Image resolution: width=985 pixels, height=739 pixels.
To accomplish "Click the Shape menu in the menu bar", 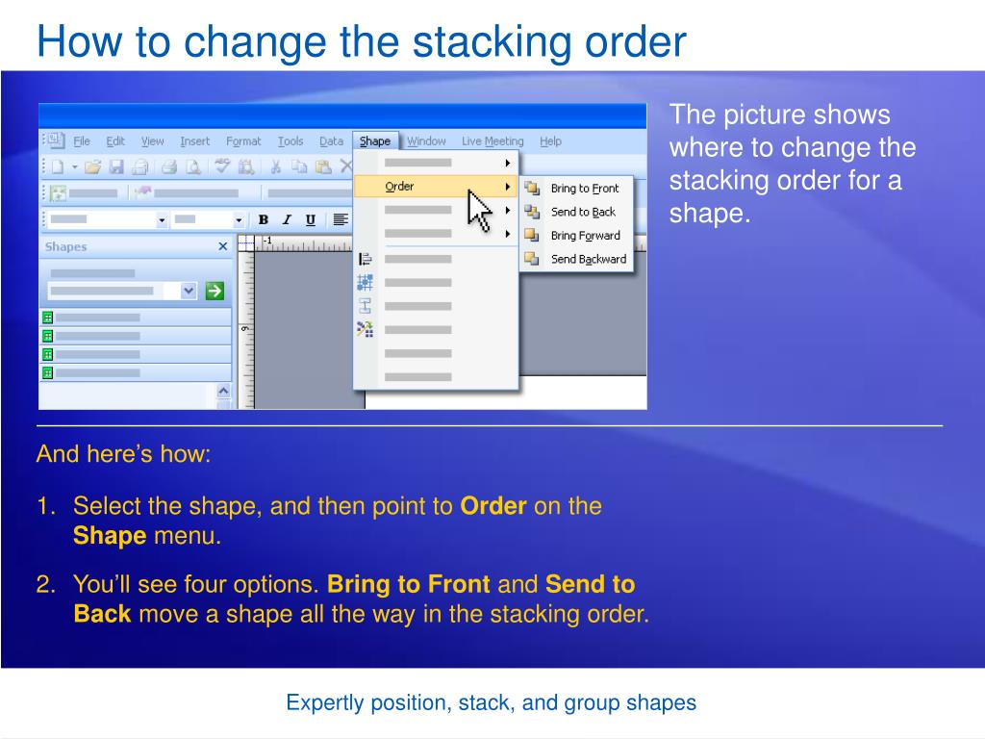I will coord(375,141).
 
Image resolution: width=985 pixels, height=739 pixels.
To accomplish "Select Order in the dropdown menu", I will coord(399,187).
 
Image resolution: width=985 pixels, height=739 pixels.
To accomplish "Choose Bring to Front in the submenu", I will coord(584,189).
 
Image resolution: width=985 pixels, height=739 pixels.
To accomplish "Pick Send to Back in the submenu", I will coord(582,212).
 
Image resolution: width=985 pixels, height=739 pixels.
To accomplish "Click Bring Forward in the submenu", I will coord(585,236).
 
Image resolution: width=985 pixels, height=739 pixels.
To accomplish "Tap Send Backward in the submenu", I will coord(588,259).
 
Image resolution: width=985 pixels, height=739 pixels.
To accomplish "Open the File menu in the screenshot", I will coord(82,141).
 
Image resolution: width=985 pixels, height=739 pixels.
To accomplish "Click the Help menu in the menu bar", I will coord(550,141).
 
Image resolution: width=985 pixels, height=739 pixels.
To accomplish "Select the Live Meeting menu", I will coord(492,141).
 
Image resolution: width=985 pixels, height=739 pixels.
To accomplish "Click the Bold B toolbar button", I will coord(264,219).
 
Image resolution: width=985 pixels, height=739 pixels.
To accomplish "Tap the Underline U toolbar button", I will coord(310,219).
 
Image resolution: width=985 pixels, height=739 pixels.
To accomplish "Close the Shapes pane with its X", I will coord(223,247).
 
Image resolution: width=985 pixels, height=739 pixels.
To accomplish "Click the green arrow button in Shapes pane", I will coord(215,290).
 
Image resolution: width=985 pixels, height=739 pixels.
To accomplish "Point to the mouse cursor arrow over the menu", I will coord(478,210).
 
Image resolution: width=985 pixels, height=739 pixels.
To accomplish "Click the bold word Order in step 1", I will coord(493,506).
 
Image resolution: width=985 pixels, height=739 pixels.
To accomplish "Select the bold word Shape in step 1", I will coord(110,537).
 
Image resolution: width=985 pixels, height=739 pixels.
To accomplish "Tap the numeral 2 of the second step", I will coord(43,584).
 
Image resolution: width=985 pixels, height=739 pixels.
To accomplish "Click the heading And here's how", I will coord(123,454).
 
